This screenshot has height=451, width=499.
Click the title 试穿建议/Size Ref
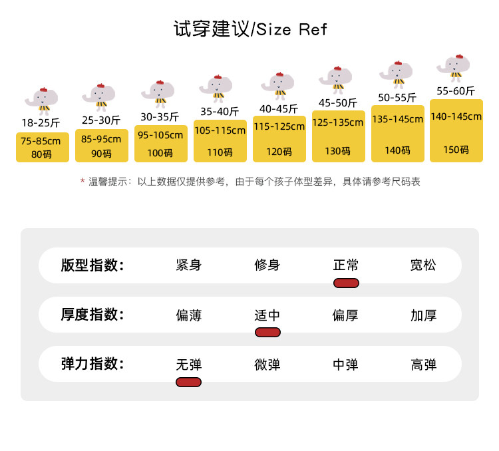pos(250,29)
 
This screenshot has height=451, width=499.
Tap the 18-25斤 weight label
pos(41,122)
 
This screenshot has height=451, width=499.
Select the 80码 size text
pos(41,154)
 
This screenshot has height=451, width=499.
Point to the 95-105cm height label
pos(160,135)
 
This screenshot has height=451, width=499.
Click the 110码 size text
pos(220,152)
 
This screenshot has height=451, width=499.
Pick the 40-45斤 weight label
pos(279,109)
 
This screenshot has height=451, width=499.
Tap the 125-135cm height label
pos(337,122)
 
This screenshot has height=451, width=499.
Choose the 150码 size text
pos(456,150)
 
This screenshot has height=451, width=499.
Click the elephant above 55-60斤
pos(454,67)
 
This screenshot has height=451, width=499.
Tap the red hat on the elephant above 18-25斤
pos(43,89)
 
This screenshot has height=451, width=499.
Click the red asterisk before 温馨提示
pos(83,181)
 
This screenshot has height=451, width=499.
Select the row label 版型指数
pos(92,265)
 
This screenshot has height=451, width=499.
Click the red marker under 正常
pos(346,283)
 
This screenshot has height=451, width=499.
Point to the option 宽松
pos(423,265)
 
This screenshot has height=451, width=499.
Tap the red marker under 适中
pos(267,333)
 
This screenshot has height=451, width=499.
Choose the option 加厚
pos(424,315)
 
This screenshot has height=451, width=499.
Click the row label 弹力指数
pos(92,364)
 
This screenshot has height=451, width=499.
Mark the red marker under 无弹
pos(188,382)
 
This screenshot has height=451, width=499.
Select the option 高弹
pos(424,365)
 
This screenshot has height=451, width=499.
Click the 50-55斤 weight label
pos(397,97)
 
